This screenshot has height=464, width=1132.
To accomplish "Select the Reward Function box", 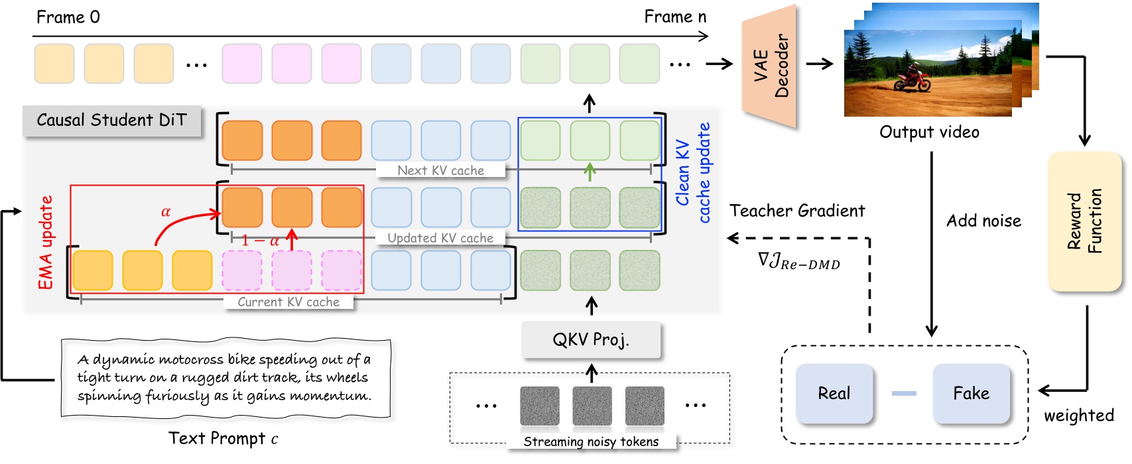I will point(1085,221).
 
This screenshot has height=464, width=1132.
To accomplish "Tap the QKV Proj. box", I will point(591,340).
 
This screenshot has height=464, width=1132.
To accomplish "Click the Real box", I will point(834,393).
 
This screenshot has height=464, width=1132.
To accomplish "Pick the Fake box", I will point(971,393).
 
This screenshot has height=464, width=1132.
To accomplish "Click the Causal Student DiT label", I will point(111,120).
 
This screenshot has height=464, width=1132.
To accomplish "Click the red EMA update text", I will point(45,243).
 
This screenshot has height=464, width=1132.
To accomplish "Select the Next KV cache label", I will point(440,170).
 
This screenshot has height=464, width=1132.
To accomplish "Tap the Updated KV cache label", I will point(440,238).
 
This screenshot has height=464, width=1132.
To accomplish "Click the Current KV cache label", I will point(288,302).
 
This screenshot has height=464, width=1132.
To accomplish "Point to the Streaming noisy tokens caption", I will point(591,442).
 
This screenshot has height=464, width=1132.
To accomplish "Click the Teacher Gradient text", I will point(797,211).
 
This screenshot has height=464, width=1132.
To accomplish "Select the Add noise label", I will point(983,221).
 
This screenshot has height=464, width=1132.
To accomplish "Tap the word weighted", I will point(1078,416).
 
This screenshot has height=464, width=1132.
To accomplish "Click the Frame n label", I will point(675,17).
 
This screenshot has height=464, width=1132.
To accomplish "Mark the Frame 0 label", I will point(68,17).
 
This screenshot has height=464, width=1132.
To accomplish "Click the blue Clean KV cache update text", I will point(693,172).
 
